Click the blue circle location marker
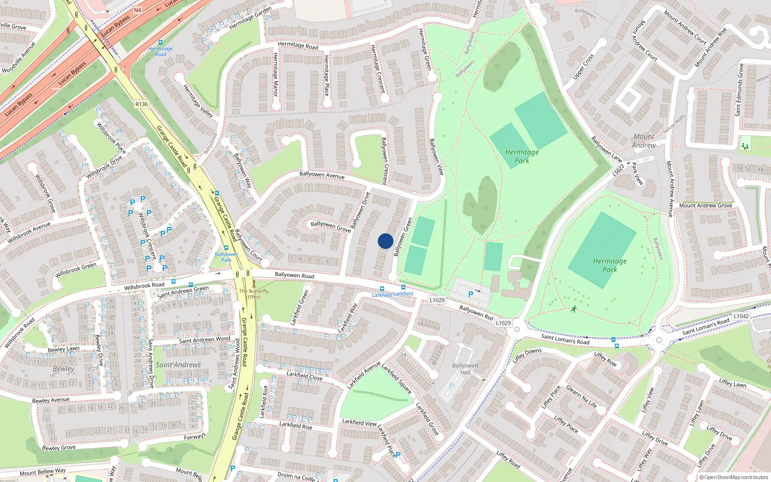[x=385, y=241]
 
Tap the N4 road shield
[x=138, y=10]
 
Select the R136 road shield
[x=142, y=104]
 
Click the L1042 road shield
[x=741, y=316]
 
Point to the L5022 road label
[x=619, y=171]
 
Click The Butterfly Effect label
[x=254, y=294]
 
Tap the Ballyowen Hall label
[x=465, y=369]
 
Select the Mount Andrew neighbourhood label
[x=644, y=141]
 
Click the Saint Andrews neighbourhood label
[x=178, y=365]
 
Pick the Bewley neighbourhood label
[x=64, y=369]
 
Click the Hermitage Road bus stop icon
[x=160, y=43]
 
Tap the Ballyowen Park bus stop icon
[x=226, y=248]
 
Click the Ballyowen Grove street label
[x=331, y=226]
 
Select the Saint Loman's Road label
[x=565, y=339]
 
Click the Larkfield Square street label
[x=397, y=379]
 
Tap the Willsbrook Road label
[x=144, y=286]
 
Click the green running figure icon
[x=573, y=309]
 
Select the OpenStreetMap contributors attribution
[x=734, y=478]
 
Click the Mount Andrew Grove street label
[x=705, y=205]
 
